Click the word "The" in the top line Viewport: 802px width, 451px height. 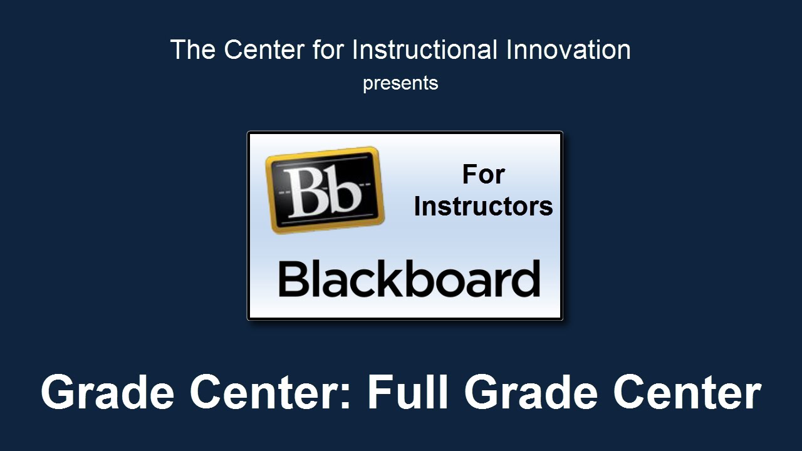tap(193, 49)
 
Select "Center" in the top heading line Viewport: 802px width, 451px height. tap(264, 49)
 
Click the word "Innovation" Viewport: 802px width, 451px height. tap(568, 49)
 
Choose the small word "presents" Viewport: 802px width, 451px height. tap(400, 84)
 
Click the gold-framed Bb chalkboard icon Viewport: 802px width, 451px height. tap(325, 190)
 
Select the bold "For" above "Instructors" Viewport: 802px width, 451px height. tap(483, 175)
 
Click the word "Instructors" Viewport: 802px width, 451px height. tap(483, 207)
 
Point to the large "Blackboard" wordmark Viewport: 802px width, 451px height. tap(409, 279)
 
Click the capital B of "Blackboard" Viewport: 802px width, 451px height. tap(293, 279)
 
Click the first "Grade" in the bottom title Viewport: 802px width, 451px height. tap(108, 391)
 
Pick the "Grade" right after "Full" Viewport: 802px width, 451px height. tap(531, 391)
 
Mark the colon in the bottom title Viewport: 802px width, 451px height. tap(345, 396)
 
